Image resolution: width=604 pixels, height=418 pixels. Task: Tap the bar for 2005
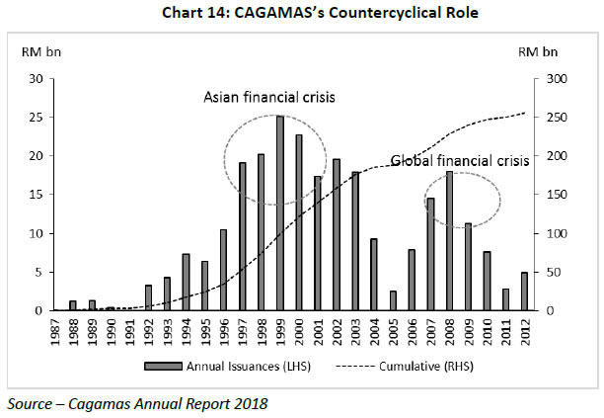click(394, 300)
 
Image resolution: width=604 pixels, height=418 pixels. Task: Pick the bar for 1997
click(243, 236)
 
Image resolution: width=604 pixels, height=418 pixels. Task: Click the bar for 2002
click(338, 235)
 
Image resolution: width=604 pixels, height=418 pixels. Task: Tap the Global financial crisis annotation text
click(459, 160)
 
